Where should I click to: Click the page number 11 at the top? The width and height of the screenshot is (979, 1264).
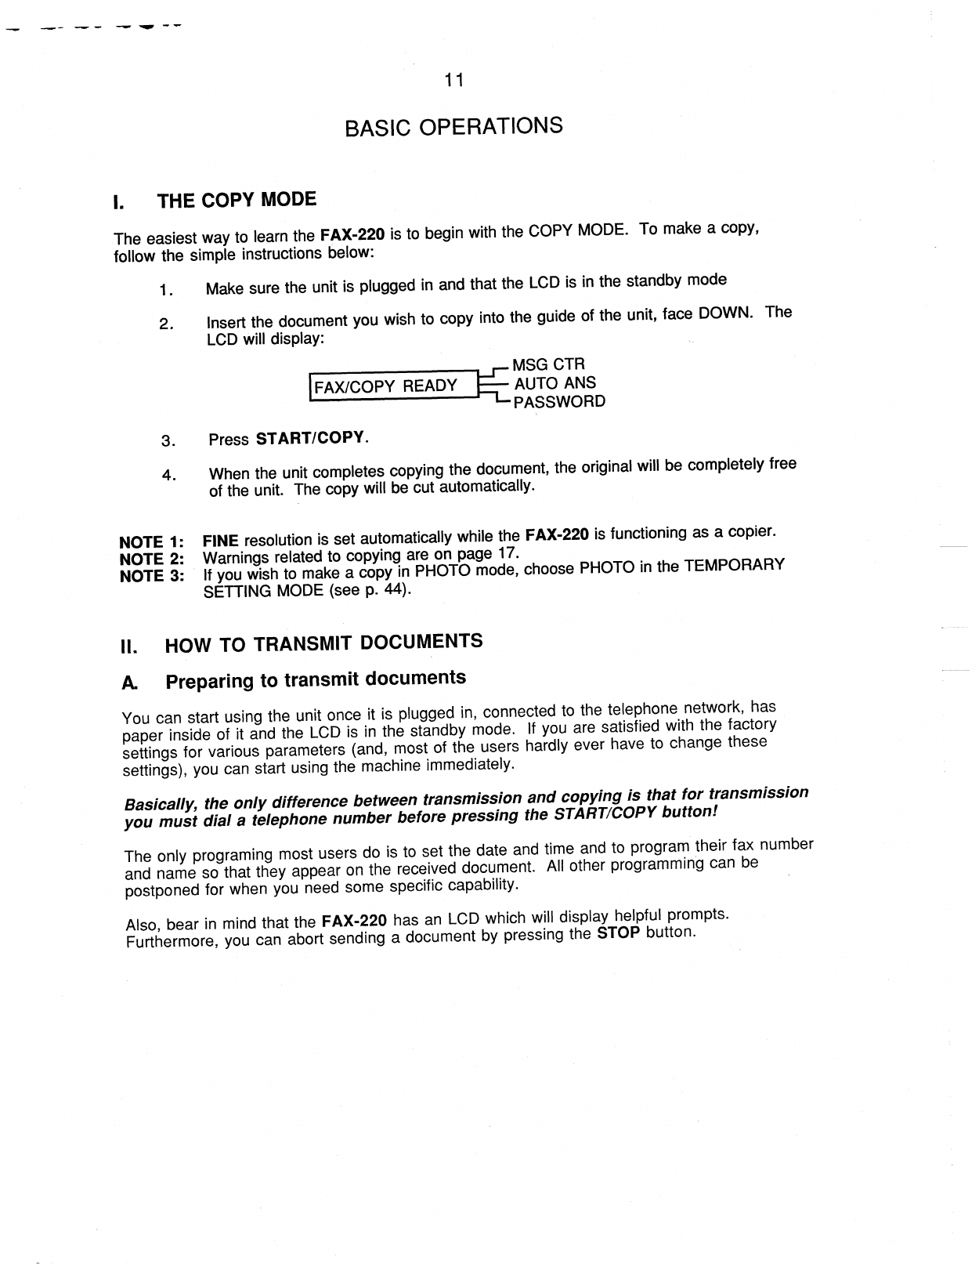(453, 81)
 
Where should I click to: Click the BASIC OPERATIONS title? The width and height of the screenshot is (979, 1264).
(453, 126)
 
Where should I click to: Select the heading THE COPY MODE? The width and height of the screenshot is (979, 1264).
(237, 200)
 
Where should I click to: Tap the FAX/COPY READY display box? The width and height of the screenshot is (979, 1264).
(393, 386)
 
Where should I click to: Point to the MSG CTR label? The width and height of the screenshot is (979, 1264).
(548, 364)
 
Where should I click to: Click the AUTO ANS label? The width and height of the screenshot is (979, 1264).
(555, 383)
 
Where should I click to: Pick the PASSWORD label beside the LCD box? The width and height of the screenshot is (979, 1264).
(558, 402)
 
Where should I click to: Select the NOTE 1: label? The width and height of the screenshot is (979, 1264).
(151, 542)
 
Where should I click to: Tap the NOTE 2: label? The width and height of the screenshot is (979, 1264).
(151, 560)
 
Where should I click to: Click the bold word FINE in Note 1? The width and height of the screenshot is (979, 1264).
(220, 541)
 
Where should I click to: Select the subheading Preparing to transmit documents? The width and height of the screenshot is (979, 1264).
(316, 679)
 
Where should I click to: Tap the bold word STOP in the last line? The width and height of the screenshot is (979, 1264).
(618, 933)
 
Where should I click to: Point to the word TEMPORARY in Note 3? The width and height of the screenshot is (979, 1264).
(734, 565)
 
